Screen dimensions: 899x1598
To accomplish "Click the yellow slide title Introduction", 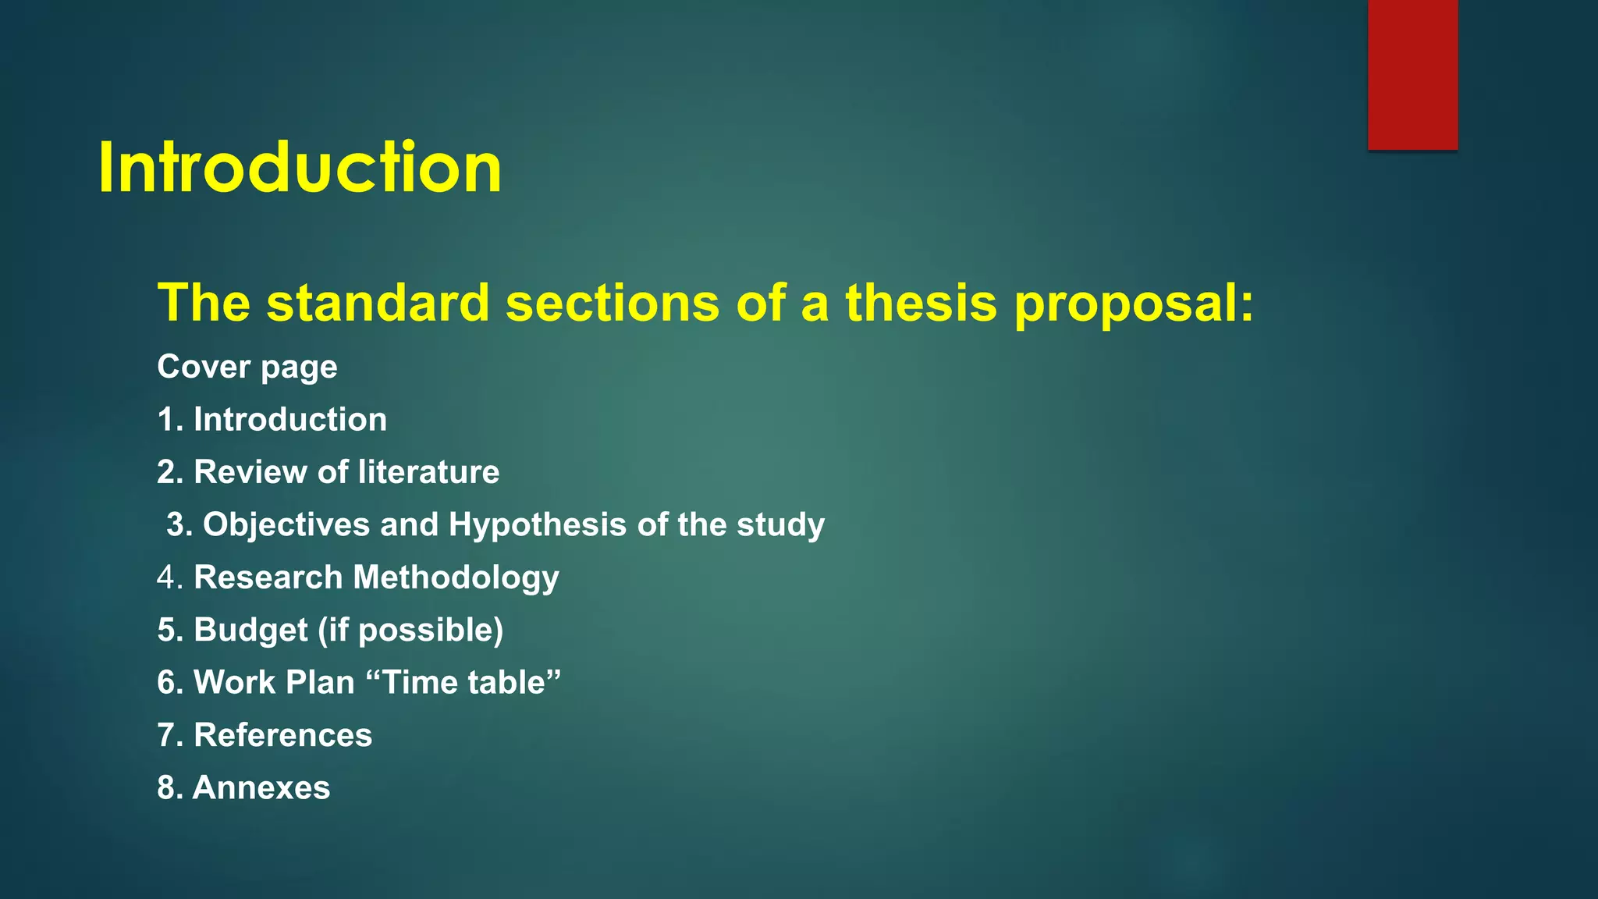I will (x=300, y=168).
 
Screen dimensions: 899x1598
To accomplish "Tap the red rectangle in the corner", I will (x=1412, y=74).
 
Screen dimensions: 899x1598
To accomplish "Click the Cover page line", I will (x=247, y=367).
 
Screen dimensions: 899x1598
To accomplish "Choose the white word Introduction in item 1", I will (x=289, y=420).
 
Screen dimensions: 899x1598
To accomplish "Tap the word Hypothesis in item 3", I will (x=537, y=525).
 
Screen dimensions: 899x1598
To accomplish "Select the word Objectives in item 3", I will (x=286, y=525).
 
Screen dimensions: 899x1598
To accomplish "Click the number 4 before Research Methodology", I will (x=167, y=577).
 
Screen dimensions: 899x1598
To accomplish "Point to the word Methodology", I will (x=456, y=578).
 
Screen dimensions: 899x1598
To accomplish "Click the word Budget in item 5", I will (x=250, y=631).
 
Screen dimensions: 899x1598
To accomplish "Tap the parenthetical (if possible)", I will (x=410, y=631).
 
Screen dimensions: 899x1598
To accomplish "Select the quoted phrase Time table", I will (x=463, y=682).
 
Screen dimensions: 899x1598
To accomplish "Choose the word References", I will (x=282, y=735).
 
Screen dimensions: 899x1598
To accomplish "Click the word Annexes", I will (x=261, y=787).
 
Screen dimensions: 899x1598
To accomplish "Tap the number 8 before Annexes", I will (x=166, y=787).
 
